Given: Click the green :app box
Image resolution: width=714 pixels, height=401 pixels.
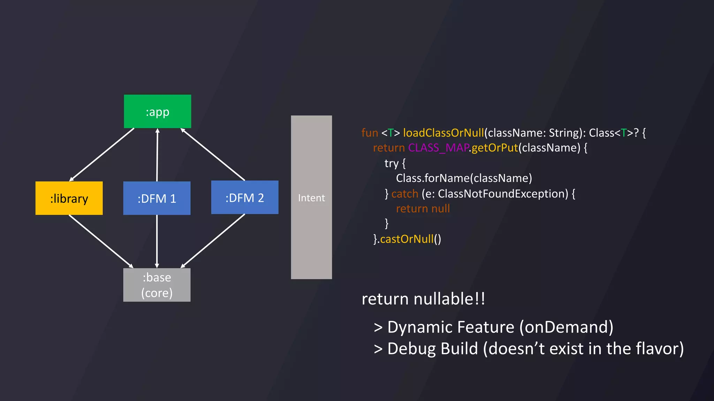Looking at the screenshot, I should coord(157,111).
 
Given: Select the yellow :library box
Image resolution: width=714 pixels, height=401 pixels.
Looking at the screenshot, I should coord(69,198).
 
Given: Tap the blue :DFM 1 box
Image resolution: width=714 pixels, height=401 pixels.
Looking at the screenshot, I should coord(157,198).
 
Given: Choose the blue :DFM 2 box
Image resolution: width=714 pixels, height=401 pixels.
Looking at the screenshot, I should coord(245,197).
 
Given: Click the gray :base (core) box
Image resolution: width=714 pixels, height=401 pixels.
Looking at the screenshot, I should coord(157,285).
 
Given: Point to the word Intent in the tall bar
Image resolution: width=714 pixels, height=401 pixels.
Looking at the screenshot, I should coord(311,198).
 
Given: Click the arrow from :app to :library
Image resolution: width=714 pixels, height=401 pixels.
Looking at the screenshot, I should coord(102,155).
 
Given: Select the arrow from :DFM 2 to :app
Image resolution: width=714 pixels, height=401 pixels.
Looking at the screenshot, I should coord(213,154).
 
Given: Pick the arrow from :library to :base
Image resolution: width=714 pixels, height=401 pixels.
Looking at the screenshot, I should coord(101,241).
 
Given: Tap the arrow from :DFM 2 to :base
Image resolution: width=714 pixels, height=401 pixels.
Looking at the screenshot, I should coord(213,241).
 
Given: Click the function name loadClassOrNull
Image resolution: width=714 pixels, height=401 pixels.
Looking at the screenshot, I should coord(443,133).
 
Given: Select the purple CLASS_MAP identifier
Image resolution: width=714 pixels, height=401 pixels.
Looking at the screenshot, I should coord(438,148).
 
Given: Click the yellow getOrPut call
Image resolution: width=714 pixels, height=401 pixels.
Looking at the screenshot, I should coord(495,148).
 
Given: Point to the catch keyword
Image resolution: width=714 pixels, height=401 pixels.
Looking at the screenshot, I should coord(404,194).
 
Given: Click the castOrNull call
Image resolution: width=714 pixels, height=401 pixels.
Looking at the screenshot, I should coord(407,239).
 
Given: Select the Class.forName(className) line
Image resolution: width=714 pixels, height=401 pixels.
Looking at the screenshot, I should coord(464,178).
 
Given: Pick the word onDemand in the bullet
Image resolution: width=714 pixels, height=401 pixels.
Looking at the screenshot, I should coord(566,327).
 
